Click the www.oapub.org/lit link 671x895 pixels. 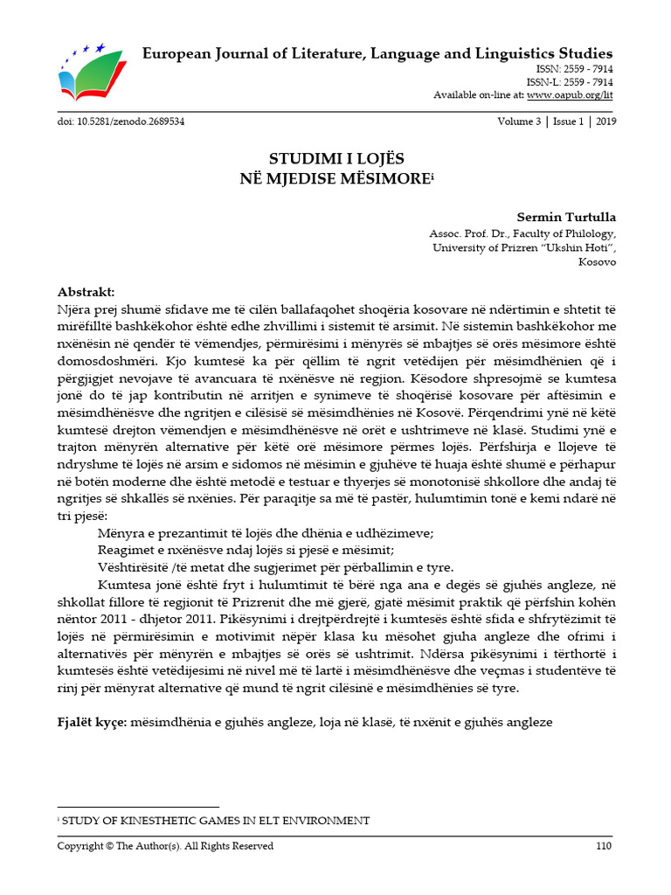(570, 94)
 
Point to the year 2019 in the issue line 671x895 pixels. (605, 121)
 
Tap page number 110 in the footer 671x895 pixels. (604, 845)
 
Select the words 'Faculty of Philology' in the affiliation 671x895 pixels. (569, 233)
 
